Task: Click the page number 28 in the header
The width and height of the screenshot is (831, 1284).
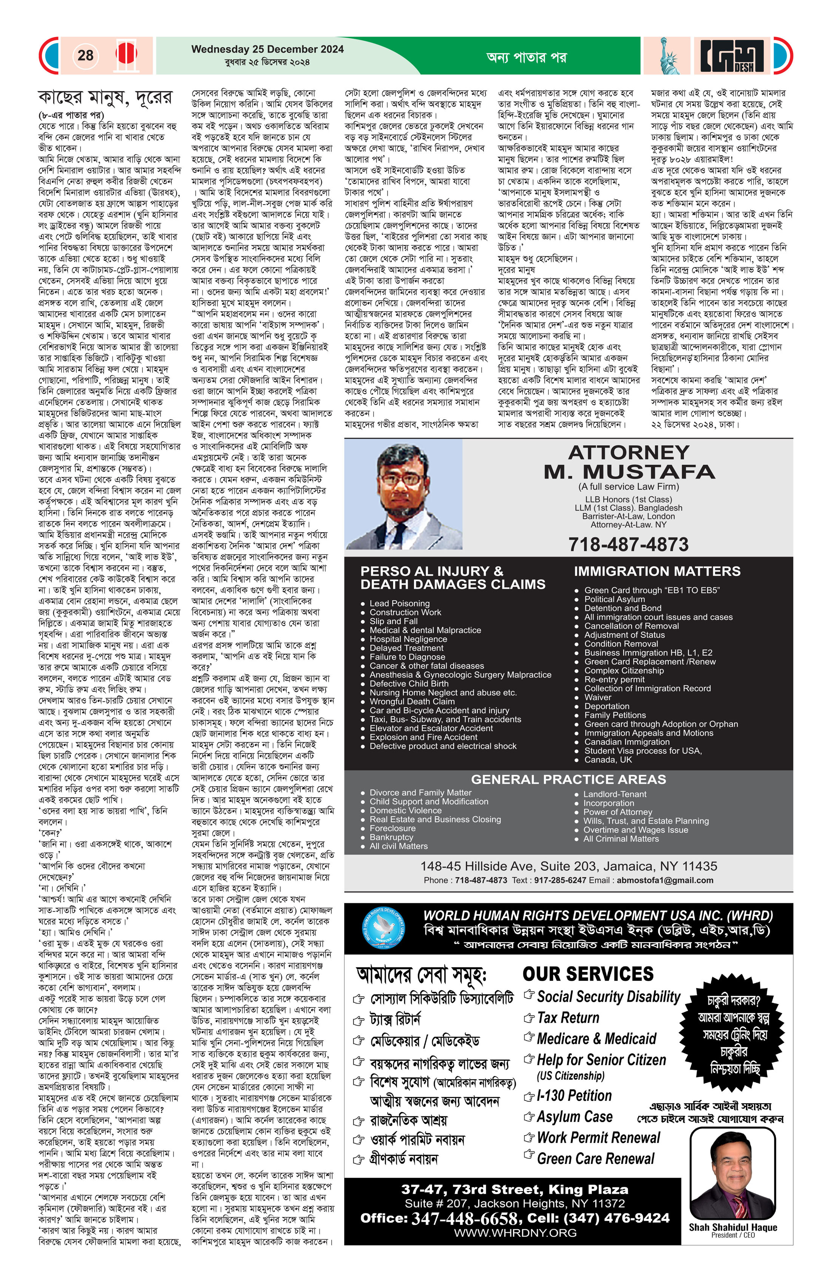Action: [85, 55]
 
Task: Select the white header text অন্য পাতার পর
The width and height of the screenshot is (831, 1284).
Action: [526, 57]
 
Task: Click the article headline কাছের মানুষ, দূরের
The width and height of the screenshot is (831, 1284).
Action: [105, 98]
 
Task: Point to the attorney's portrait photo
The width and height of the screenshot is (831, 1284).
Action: [404, 495]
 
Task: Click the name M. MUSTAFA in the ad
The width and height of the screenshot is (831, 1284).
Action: [629, 472]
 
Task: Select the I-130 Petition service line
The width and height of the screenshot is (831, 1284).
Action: [574, 1095]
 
